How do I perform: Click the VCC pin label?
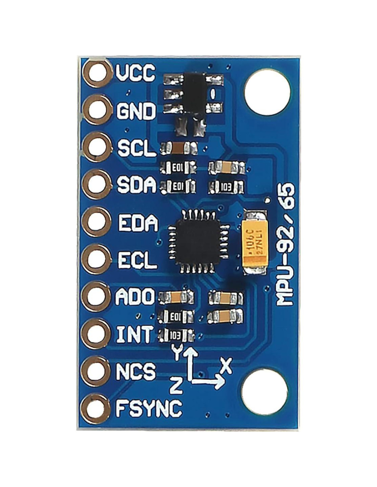point(135,73)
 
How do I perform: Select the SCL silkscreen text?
point(136,148)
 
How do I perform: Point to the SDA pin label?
point(136,185)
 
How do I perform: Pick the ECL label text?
point(137,260)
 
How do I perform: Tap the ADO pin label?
point(135,297)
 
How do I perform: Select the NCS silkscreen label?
point(136,371)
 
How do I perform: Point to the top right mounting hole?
point(267,92)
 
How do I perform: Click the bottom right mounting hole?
point(264,392)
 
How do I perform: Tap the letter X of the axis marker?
point(226,366)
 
